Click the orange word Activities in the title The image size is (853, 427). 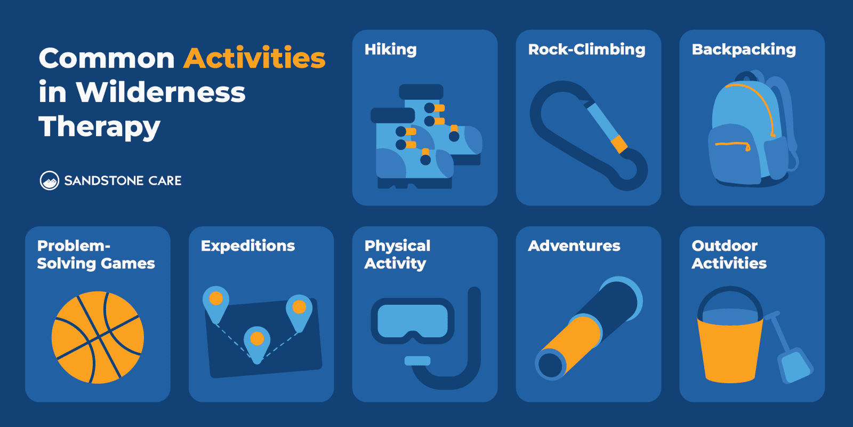pos(254,58)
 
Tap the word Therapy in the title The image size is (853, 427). pos(99,127)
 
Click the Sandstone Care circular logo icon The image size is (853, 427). pos(50,181)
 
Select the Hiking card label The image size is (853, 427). pos(390,50)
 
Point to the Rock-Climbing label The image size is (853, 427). pos(586,50)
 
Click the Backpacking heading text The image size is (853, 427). pos(744,50)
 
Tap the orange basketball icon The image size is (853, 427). pos(98,337)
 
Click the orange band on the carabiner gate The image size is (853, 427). pos(619,144)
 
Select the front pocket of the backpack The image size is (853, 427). pos(734,155)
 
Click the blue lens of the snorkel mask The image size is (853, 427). pos(412,321)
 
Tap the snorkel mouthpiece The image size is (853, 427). pos(417,361)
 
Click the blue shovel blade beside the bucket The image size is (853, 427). pos(795,366)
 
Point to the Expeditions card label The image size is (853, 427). pos(248,246)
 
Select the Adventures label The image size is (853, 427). pos(574,246)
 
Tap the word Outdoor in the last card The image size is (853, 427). pos(725,246)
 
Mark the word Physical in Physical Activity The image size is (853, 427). pos(397,246)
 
